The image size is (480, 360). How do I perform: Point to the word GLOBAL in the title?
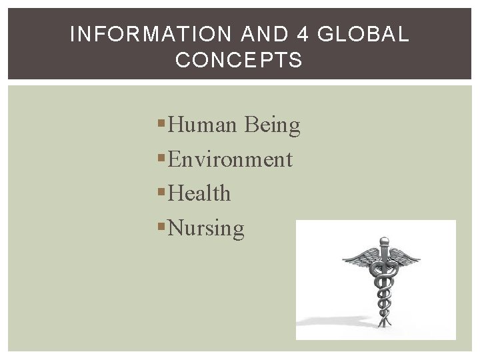363,35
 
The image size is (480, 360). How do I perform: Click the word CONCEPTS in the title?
239,61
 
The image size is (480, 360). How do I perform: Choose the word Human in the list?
203,125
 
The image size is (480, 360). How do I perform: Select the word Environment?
230,159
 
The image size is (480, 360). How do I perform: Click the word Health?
199,193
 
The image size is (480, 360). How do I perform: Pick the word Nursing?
206,229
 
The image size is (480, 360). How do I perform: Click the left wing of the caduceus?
360,257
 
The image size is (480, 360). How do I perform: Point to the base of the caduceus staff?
383,325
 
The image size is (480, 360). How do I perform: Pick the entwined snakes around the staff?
383,290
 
